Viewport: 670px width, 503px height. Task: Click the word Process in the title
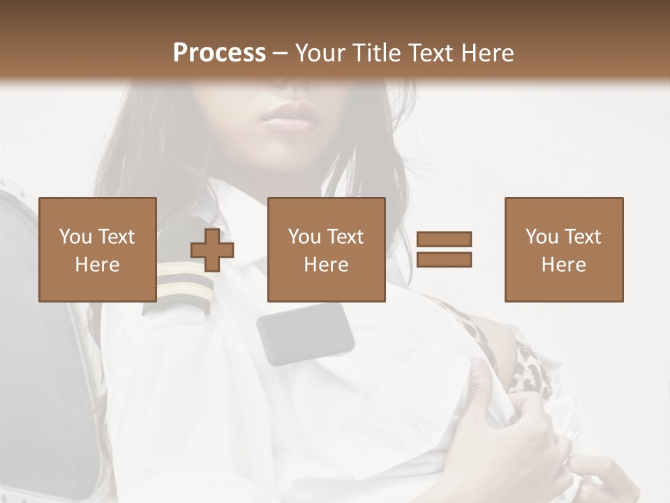click(x=219, y=53)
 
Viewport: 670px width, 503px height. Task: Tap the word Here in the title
click(x=487, y=53)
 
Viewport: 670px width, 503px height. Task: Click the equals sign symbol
click(x=444, y=249)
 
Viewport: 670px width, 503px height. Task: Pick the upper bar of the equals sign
click(x=444, y=240)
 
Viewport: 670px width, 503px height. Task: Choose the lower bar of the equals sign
click(x=444, y=260)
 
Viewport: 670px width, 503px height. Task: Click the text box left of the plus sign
click(x=98, y=249)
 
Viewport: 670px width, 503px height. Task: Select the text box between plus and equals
click(x=327, y=249)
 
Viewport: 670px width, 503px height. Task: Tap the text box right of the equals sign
click(x=564, y=249)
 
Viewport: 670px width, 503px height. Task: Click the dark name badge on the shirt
click(x=306, y=333)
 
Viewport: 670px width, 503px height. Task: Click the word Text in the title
click(x=429, y=53)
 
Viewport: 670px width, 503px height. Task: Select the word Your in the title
click(x=320, y=53)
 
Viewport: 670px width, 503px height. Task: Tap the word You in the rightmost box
click(x=542, y=238)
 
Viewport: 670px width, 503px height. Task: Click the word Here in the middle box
click(x=327, y=265)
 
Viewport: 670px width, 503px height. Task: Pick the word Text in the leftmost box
click(x=115, y=238)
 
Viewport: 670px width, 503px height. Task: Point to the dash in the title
click(x=281, y=54)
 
